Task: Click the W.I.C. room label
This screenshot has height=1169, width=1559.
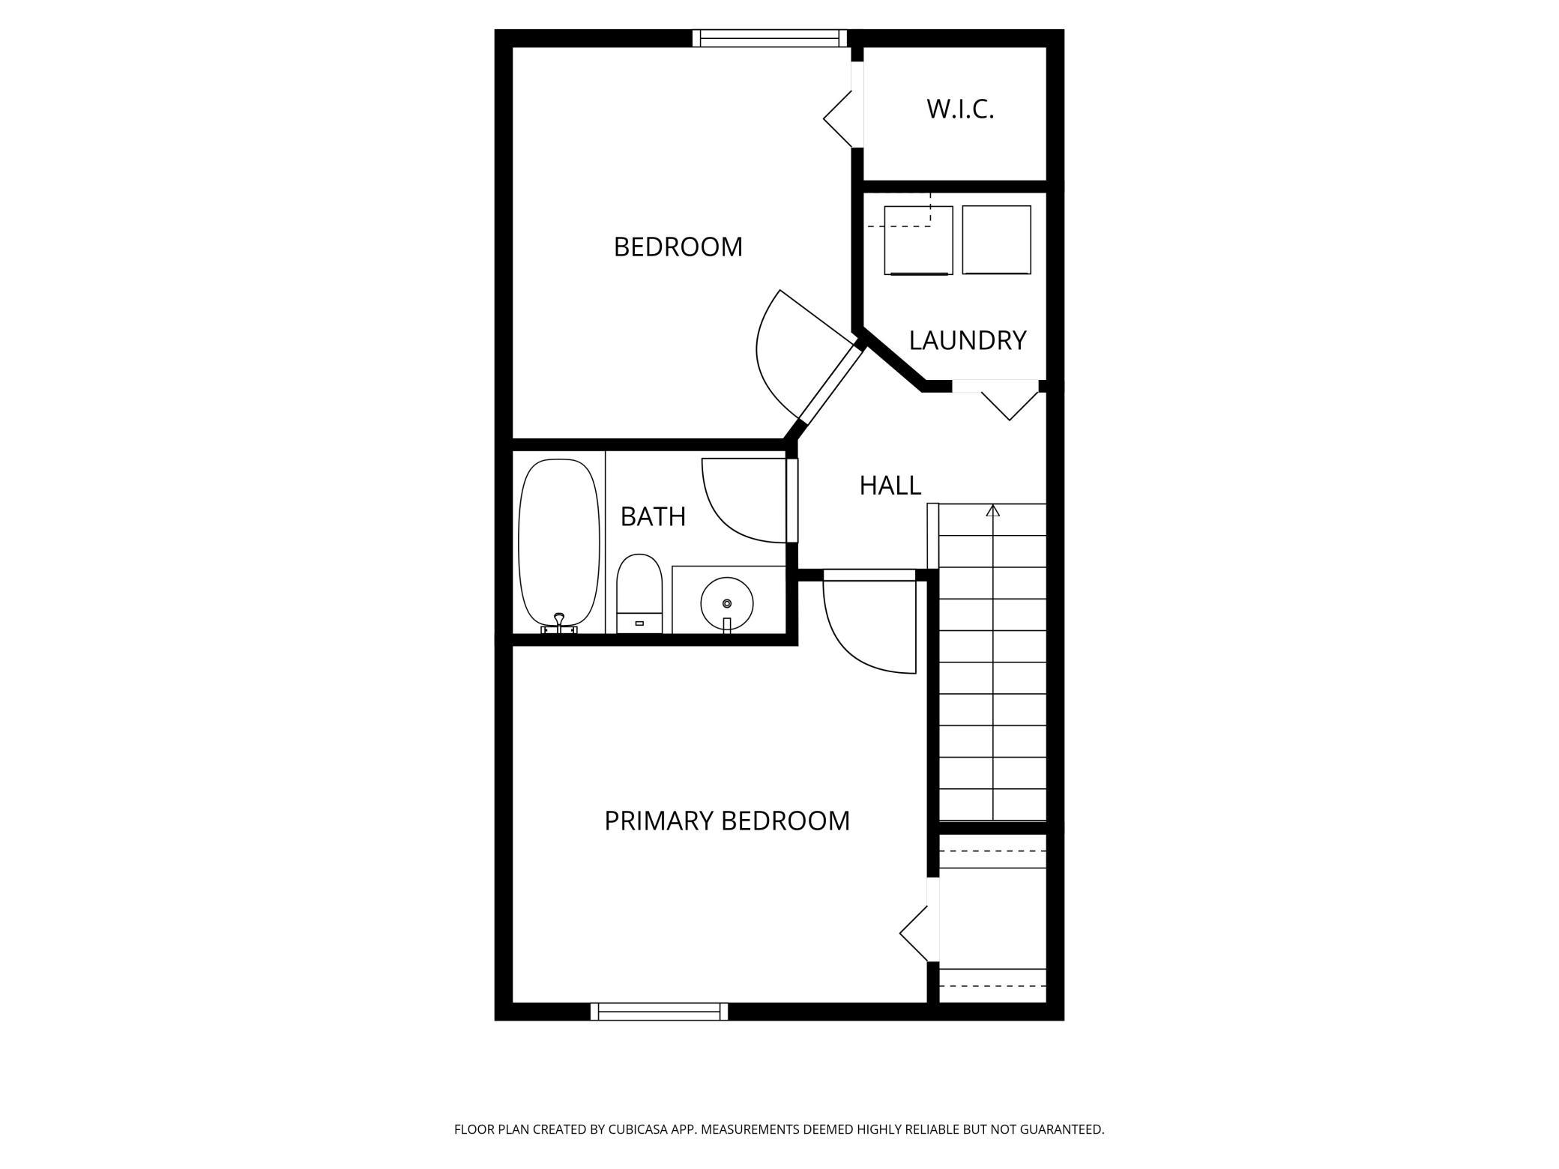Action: click(x=960, y=109)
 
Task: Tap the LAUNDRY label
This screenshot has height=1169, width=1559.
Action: click(x=967, y=341)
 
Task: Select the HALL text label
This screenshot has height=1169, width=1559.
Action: click(x=890, y=486)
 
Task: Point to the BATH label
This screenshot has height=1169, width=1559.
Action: click(x=653, y=516)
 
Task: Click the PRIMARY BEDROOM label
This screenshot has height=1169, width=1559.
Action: click(x=727, y=821)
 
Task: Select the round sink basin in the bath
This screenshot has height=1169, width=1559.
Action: click(x=726, y=603)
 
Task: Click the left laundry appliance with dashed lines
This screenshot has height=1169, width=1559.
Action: click(x=918, y=240)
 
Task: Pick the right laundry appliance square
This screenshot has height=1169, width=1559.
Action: click(x=996, y=240)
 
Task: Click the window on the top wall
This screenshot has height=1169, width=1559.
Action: click(x=770, y=38)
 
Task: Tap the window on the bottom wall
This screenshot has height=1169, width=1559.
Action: click(x=659, y=1012)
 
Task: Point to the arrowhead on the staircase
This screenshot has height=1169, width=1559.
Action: click(x=993, y=510)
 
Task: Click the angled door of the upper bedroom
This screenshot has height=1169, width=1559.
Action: click(x=779, y=352)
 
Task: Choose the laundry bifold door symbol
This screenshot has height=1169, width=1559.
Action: click(x=1010, y=405)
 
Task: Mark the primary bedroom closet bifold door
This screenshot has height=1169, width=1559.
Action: click(x=914, y=934)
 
